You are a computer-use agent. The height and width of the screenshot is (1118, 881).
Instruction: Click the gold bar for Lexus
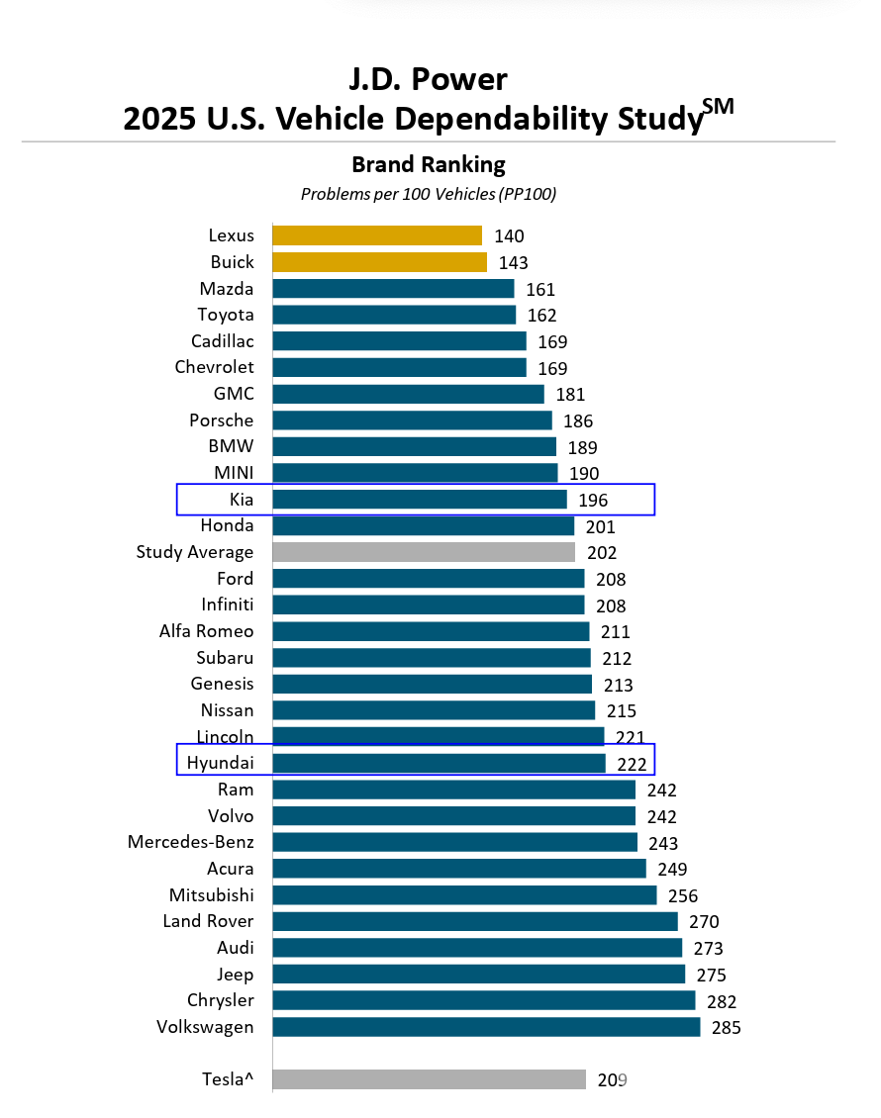coord(377,235)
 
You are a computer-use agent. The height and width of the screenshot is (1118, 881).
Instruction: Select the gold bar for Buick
coord(379,262)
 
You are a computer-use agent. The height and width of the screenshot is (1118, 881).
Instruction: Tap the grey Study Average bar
coord(424,552)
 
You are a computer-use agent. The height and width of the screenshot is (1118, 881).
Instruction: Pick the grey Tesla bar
coord(429,1079)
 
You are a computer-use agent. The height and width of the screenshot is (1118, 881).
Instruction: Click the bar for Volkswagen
coord(486,1027)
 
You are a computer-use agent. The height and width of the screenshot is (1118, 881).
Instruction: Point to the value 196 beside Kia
coord(593,500)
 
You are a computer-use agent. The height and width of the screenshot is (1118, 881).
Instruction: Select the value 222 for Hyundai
coord(632,764)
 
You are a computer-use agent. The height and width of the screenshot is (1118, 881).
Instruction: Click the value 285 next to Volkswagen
coord(726,1027)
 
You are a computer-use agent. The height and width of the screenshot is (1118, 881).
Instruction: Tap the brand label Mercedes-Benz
coord(191,842)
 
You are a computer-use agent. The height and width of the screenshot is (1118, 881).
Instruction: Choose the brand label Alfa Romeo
coord(206,631)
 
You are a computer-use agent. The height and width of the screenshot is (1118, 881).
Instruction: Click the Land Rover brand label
coord(208,921)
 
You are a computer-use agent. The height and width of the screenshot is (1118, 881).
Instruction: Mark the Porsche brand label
coord(221,420)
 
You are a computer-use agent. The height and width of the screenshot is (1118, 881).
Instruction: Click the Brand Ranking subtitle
coord(429,164)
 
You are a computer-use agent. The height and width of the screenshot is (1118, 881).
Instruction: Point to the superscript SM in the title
coord(721,107)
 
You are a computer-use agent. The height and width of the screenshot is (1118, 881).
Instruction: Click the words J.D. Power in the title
coord(429,78)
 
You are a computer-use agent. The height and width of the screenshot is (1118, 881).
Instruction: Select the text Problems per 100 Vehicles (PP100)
coord(429,194)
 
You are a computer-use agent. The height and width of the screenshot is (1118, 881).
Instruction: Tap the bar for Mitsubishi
coord(464,895)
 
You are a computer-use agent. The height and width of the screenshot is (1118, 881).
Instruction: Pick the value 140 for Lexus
coord(509,235)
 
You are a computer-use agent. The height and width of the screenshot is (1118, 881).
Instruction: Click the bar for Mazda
coord(393,289)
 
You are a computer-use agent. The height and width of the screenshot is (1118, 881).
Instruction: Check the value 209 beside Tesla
coord(613,1079)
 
